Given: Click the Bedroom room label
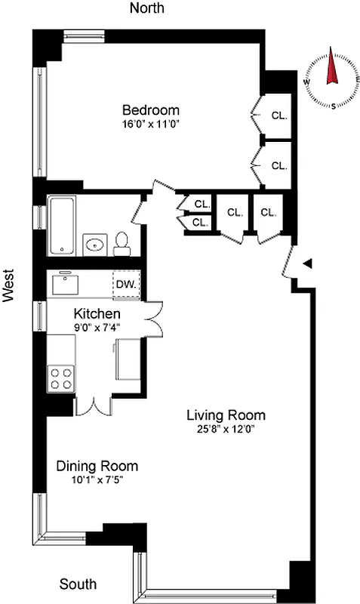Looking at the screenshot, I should coord(151,109).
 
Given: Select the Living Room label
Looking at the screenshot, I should coord(226,415).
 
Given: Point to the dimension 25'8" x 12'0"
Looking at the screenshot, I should coord(226,430).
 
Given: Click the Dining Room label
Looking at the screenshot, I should coord(97,466).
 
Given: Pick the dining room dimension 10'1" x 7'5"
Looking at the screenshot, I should coord(97,480).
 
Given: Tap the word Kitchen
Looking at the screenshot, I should coord(97,313).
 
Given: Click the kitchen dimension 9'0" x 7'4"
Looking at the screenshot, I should coord(97,327).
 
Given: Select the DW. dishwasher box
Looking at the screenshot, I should coord(125,285).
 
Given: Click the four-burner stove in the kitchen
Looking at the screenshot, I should coord(60,377).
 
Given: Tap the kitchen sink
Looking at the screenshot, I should coord(65,285).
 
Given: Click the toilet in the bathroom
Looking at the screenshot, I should coord(122,243).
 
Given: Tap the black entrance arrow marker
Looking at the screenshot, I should coord(307,263).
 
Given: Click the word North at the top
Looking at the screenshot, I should coord(148,8).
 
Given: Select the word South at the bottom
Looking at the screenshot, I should coord(78,584).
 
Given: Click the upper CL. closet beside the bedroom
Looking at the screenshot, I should coord(278,116).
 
